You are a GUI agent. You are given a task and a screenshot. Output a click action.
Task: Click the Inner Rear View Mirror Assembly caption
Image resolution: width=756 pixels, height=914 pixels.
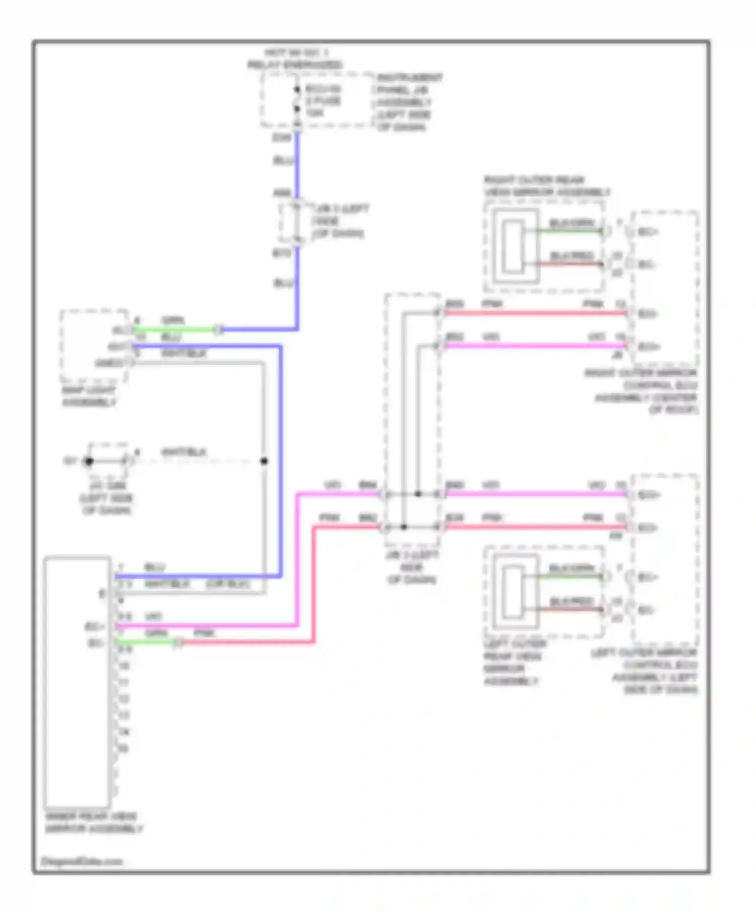point(94,822)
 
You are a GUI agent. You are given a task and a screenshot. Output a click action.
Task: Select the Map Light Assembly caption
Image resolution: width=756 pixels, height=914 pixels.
point(89,397)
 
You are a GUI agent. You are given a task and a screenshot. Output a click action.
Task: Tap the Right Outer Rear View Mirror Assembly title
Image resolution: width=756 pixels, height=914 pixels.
point(547,186)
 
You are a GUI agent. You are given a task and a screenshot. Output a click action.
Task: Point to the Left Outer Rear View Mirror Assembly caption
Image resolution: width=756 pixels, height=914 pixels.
point(513,663)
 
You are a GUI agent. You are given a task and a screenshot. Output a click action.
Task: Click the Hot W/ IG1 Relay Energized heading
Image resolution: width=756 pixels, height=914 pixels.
point(295,59)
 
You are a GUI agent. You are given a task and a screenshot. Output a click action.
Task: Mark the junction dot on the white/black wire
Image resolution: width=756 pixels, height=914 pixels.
point(264,461)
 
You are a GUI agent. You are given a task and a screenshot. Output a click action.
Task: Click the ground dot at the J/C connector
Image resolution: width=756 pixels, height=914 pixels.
point(89,461)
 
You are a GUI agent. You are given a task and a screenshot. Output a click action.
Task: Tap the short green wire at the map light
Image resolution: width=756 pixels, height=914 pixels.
point(174,330)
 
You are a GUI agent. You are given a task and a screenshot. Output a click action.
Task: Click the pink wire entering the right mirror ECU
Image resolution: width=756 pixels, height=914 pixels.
point(534,313)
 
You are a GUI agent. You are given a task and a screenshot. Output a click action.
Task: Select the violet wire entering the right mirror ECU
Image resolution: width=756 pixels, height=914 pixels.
point(534,346)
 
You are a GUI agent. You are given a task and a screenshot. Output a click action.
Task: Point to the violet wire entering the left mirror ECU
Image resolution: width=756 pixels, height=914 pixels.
point(534,494)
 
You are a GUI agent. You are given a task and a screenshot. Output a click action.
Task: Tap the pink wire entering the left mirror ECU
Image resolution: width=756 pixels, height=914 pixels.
point(534,527)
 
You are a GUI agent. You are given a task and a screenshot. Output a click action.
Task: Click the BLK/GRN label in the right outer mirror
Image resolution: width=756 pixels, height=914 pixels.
point(572,223)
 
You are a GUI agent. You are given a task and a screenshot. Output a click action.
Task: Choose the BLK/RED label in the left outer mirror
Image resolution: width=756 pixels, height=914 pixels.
point(572,601)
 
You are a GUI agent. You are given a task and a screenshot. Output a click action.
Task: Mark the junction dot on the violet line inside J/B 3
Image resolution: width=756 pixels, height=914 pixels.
point(418,494)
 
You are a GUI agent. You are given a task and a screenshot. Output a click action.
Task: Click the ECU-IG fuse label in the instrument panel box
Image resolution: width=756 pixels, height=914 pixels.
point(323,101)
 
